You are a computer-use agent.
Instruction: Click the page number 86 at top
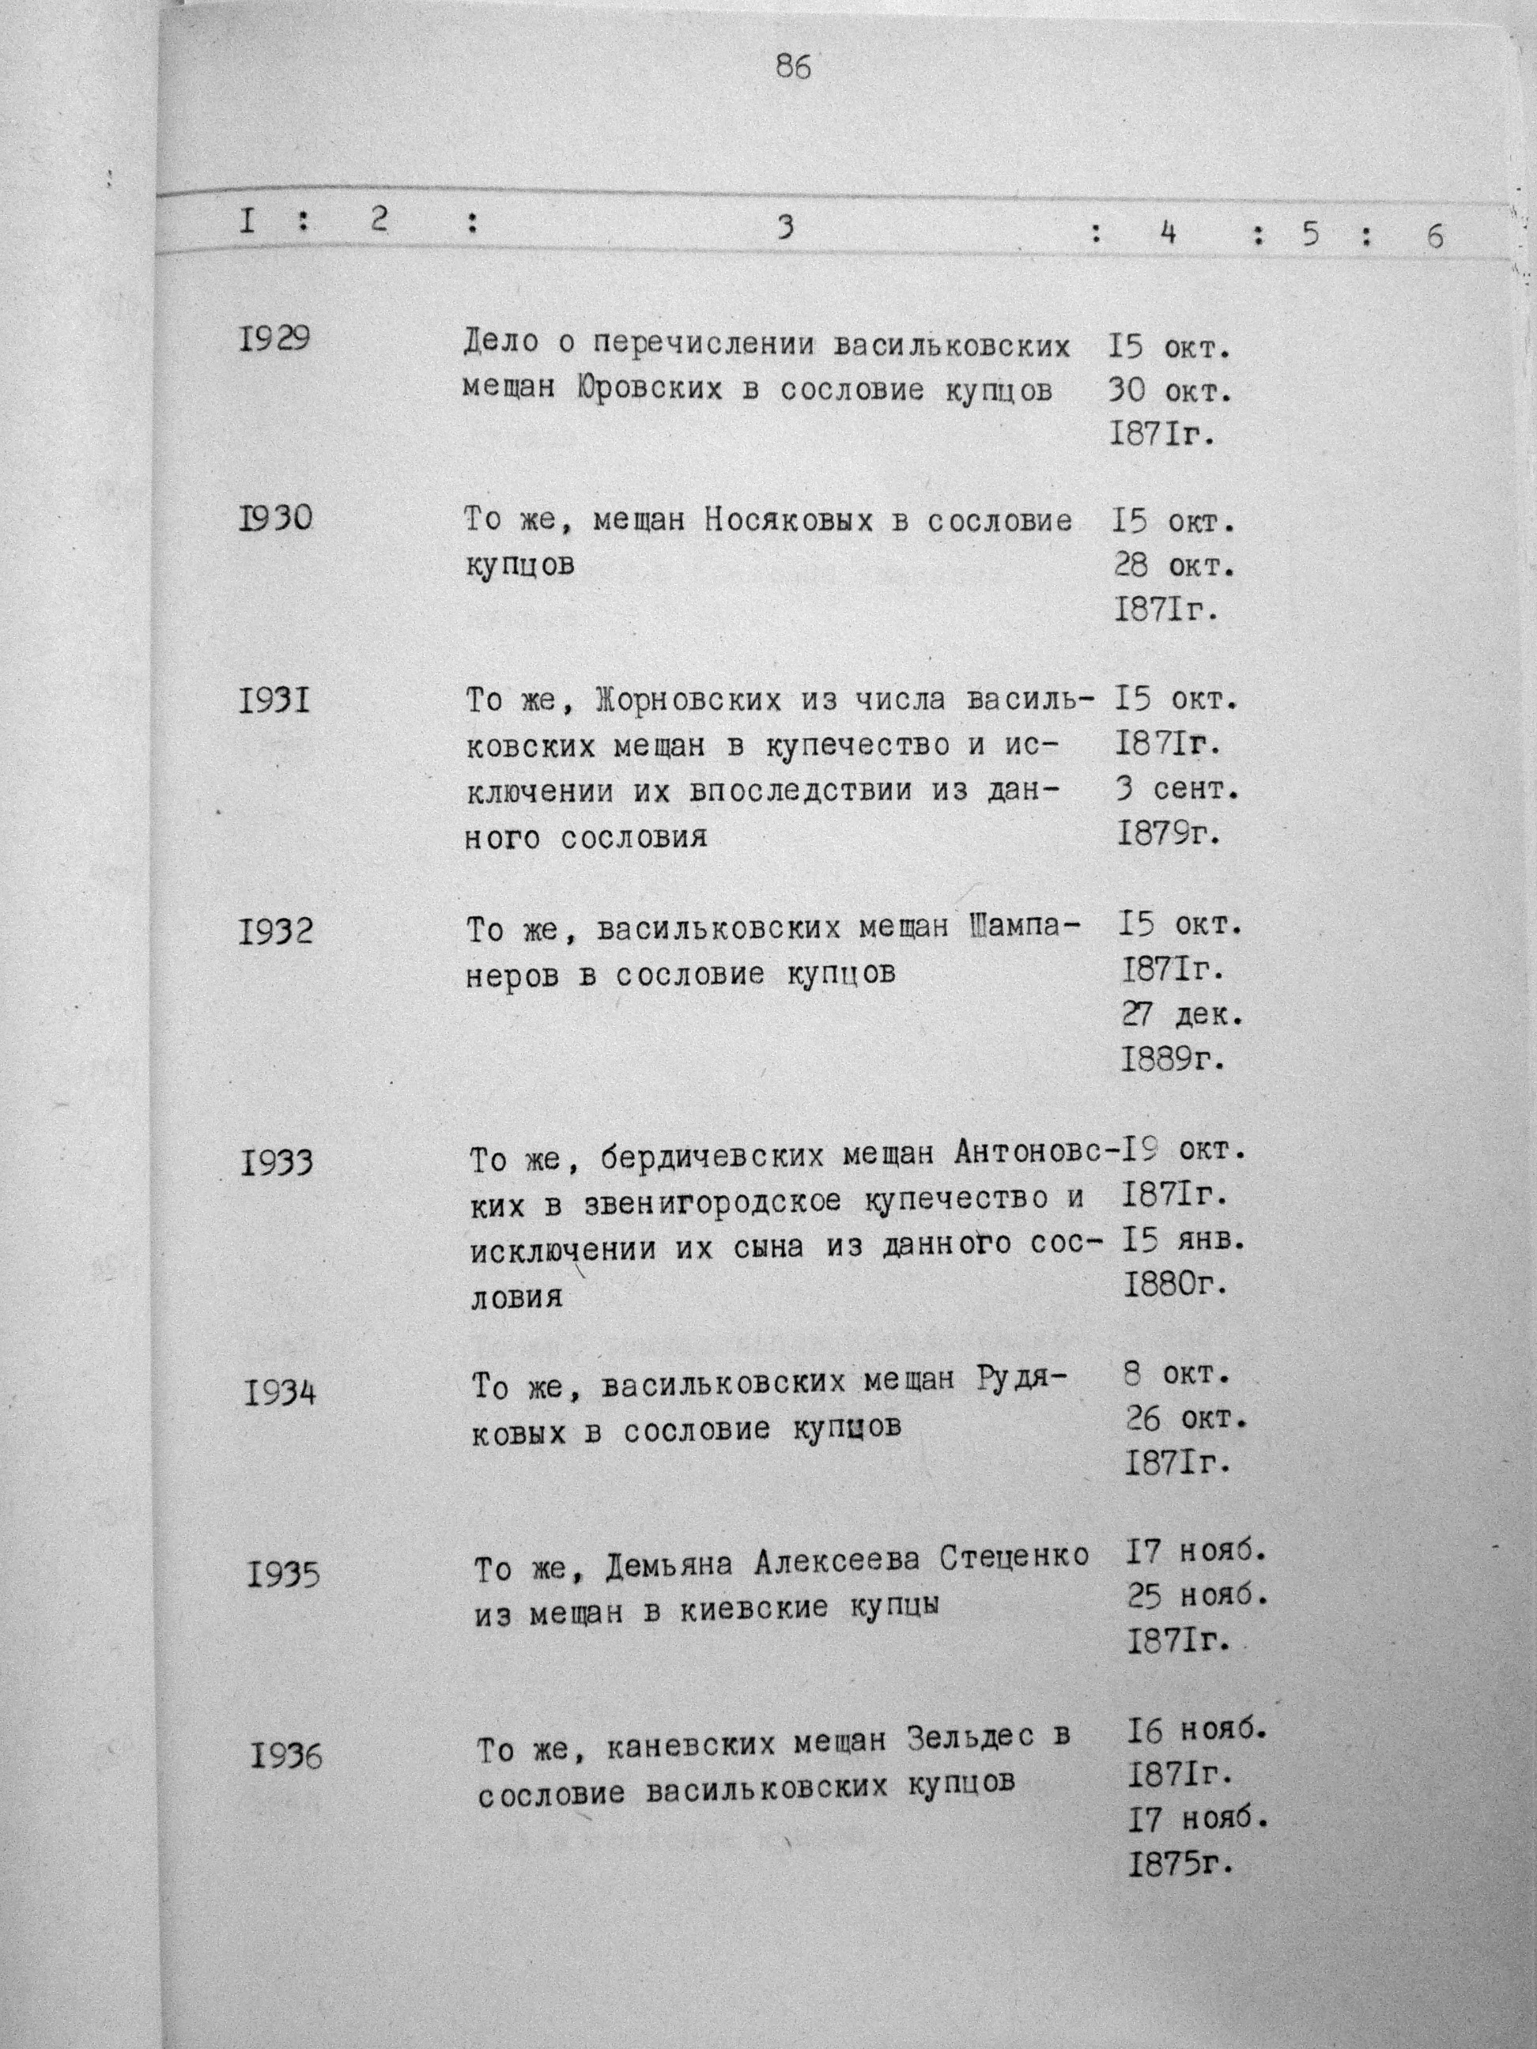click(794, 68)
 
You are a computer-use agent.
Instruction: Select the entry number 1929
click(273, 340)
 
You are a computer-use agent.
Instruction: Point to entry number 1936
click(286, 1756)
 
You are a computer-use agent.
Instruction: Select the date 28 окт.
click(1175, 565)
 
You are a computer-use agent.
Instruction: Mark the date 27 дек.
click(1182, 1015)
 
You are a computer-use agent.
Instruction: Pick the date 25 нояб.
click(1196, 1596)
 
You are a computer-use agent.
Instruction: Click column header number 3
click(786, 228)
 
